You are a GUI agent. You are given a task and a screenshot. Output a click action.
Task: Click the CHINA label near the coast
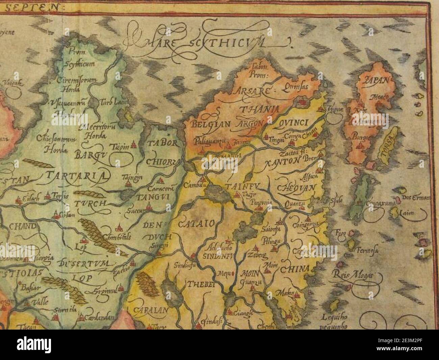click(x=294, y=269)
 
